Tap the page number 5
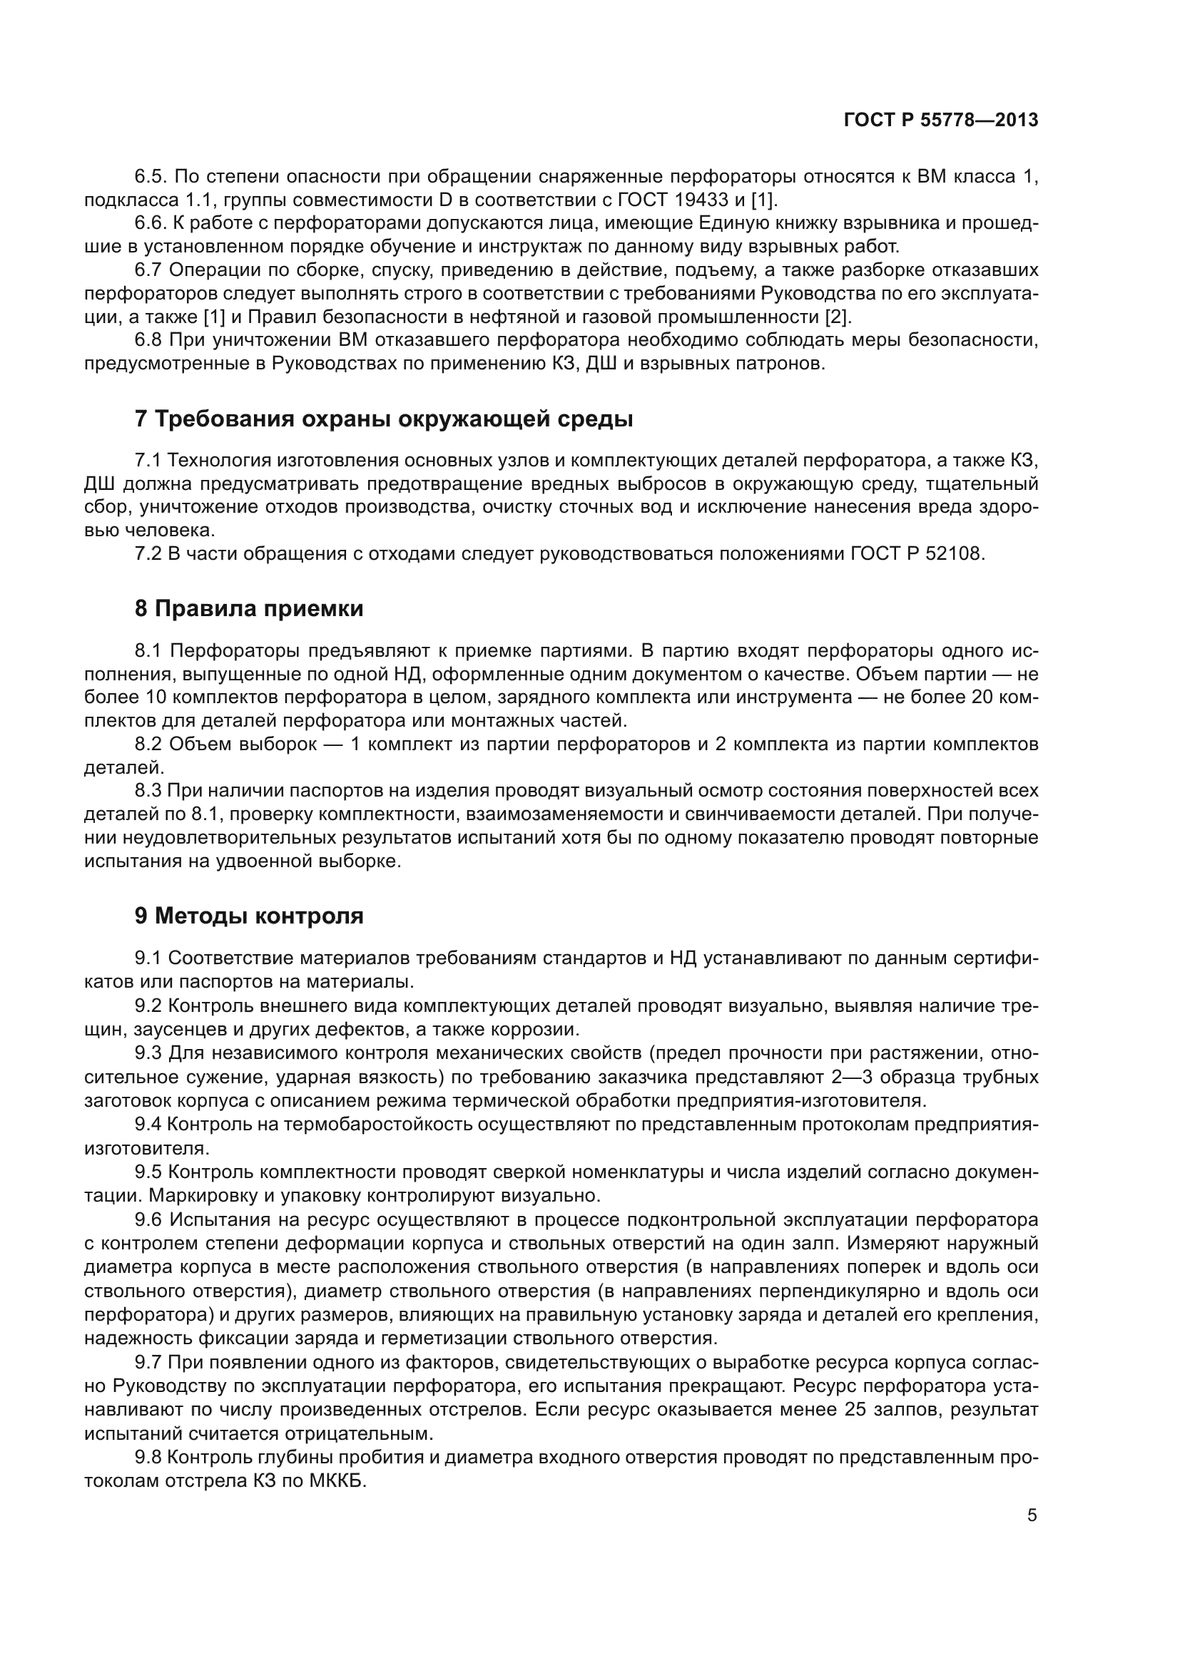click(x=1032, y=1515)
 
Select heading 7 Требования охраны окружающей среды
click(x=384, y=420)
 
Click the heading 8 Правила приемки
click(x=249, y=609)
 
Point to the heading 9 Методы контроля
click(x=249, y=916)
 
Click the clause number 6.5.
click(x=151, y=177)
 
